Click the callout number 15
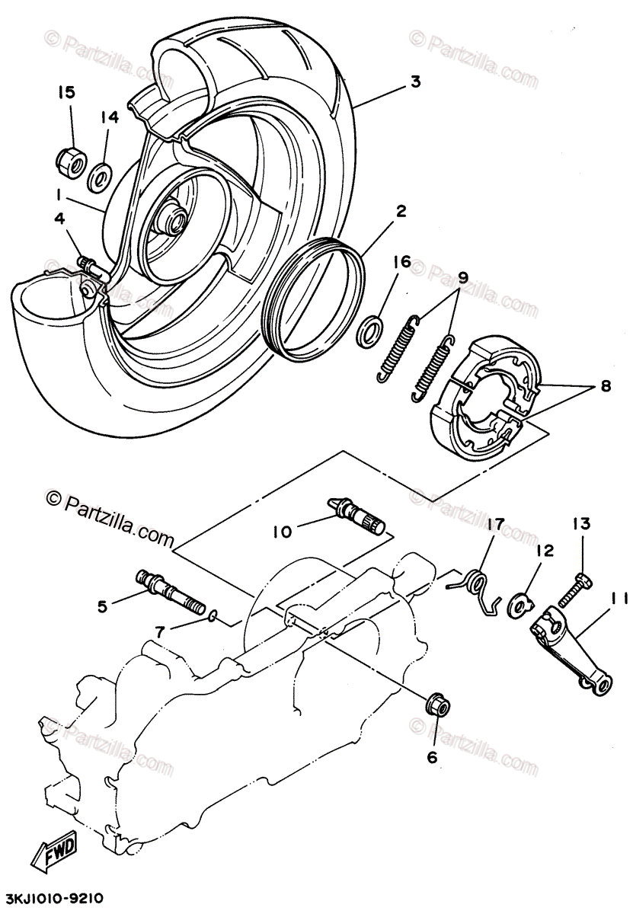coord(66,93)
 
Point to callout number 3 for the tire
coord(415,81)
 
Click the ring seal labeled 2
coord(314,297)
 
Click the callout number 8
coord(605,385)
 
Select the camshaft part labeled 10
coord(358,516)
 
